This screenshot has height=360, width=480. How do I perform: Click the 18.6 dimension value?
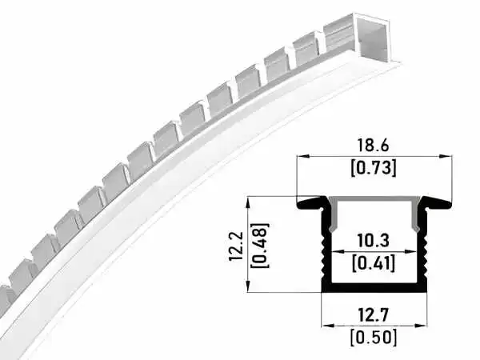(373, 145)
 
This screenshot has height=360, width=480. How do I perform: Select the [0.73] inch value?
(373, 168)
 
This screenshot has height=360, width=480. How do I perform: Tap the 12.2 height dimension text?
(236, 246)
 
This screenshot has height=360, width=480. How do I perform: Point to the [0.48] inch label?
(259, 246)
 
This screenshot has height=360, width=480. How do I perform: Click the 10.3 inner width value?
(373, 240)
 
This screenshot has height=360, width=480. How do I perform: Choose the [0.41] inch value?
(373, 262)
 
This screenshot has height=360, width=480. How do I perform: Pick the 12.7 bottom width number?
(373, 315)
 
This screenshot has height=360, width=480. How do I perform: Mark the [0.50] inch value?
(373, 338)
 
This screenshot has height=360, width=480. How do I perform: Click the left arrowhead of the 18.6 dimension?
(302, 156)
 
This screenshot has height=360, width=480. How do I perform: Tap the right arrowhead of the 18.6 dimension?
(446, 156)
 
